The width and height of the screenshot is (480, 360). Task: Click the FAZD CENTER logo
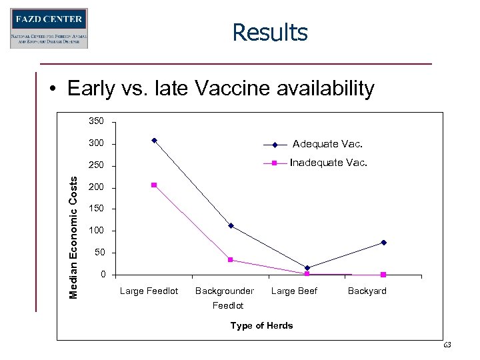(49, 29)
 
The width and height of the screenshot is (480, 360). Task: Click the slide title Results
(270, 32)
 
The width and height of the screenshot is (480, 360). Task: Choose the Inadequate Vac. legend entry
(328, 163)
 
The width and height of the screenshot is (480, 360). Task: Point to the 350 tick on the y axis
(97, 122)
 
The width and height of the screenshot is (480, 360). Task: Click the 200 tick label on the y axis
(97, 187)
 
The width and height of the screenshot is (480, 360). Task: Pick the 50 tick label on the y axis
(99, 253)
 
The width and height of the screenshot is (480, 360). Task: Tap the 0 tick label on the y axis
(102, 275)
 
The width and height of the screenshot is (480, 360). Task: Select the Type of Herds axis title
(261, 325)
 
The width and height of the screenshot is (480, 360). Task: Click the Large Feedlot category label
(149, 291)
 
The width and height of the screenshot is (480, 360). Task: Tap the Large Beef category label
(294, 291)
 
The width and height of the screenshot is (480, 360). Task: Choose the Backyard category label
(367, 291)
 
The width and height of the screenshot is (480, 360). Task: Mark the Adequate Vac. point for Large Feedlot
(154, 140)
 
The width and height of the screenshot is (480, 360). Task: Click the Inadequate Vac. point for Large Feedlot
(154, 185)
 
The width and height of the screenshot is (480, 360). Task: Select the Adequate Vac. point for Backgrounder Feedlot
(231, 226)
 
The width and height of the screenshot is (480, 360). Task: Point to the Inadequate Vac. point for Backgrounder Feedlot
(231, 260)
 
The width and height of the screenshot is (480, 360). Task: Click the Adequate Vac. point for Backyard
(384, 243)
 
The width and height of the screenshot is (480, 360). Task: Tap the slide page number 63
(447, 345)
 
